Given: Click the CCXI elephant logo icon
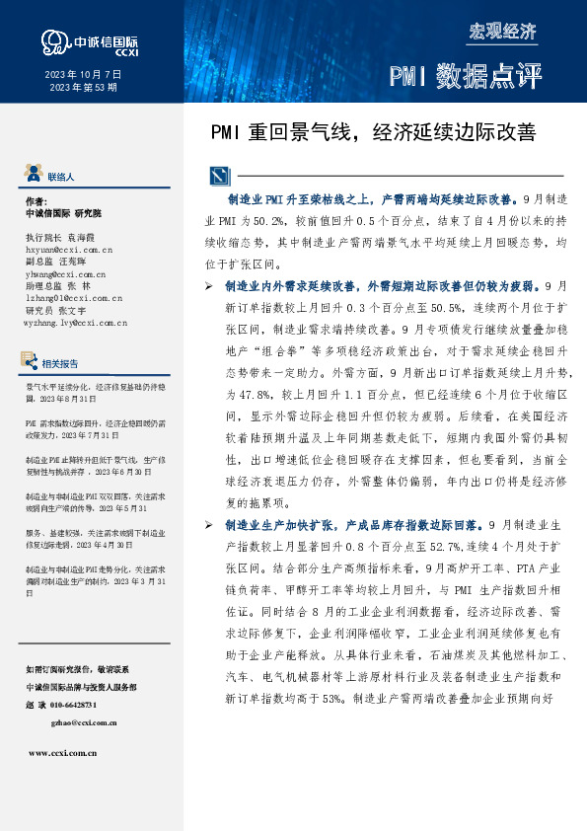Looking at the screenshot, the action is point(53,40).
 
